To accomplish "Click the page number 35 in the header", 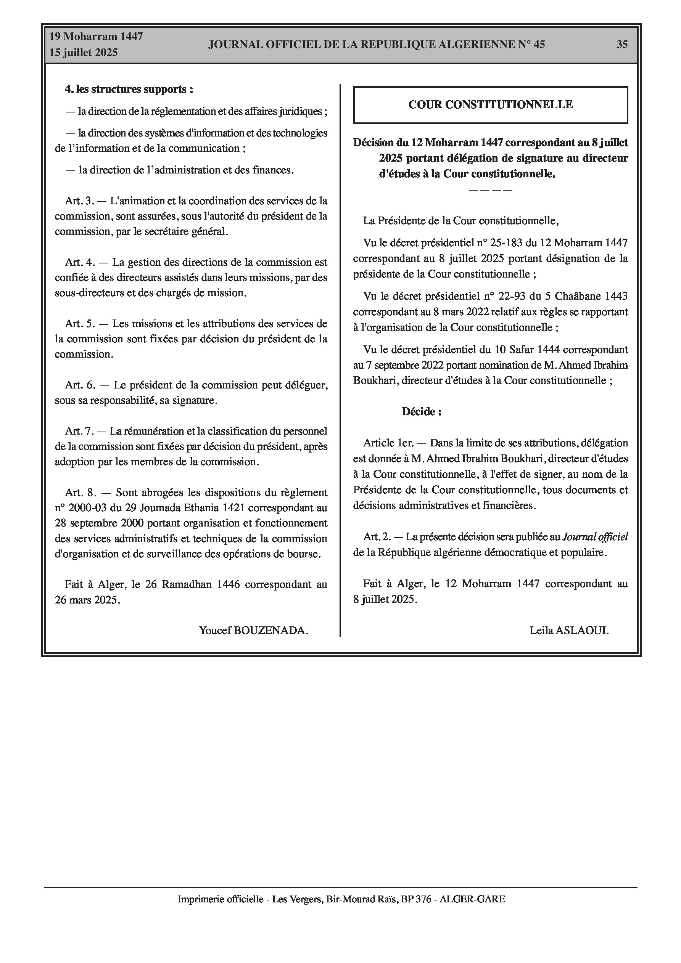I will point(622,45).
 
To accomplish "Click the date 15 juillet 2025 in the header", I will point(84,53).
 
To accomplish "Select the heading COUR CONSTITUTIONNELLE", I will point(490,104).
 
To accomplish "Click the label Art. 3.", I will point(80,201).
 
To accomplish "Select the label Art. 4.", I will point(80,262).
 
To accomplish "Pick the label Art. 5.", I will point(80,323).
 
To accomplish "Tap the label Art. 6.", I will point(80,385).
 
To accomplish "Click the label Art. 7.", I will point(80,431).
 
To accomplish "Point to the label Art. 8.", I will point(80,492).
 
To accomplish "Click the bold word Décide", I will point(421,411).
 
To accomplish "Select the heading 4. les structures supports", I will point(129,89).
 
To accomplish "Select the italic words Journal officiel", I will point(595,537).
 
